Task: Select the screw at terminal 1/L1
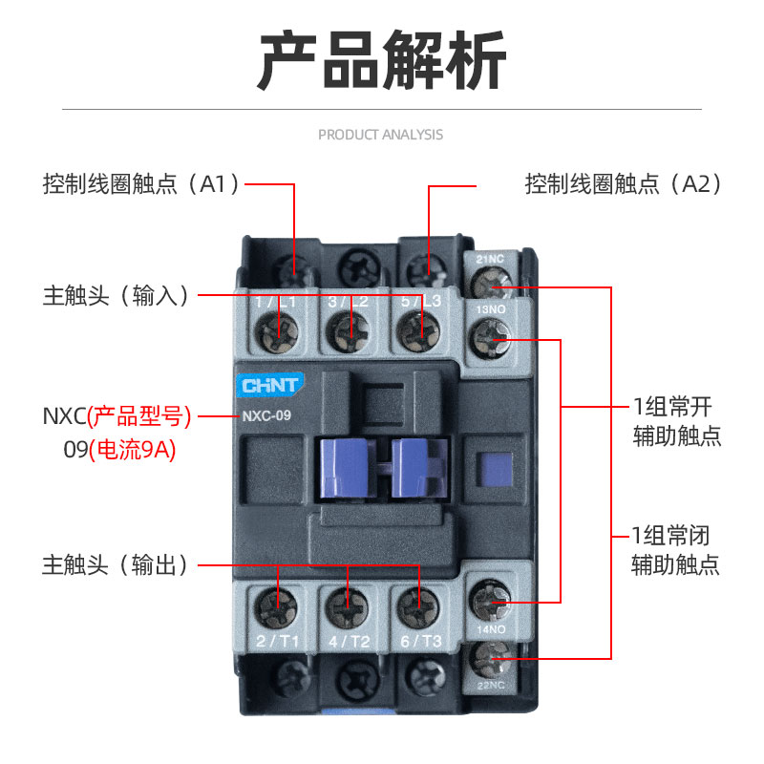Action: [x=279, y=334]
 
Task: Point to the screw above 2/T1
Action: [x=278, y=604]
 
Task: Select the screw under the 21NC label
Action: [x=493, y=283]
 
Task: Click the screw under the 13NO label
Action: [x=493, y=337]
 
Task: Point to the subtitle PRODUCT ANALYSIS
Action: [x=380, y=135]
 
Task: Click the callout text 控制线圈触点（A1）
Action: [x=140, y=184]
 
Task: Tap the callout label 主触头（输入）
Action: [x=116, y=296]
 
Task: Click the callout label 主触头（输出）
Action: [x=116, y=565]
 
